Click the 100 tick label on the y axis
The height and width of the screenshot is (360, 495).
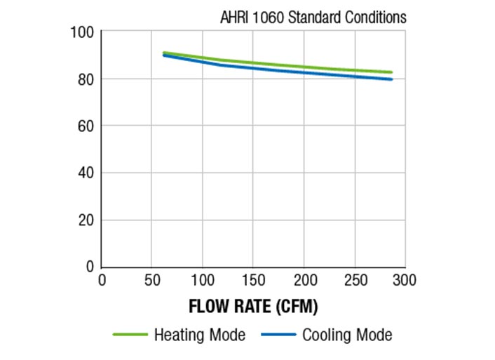(x=83, y=32)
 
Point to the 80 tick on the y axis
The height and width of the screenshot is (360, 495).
(x=86, y=79)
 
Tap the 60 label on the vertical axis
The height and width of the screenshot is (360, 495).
(x=86, y=126)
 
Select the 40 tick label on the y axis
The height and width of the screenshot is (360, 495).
(x=86, y=173)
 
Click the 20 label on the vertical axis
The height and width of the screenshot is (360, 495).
(x=86, y=220)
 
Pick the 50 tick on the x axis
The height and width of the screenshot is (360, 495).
(x=152, y=281)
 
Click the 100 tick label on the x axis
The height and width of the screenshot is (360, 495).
(x=203, y=281)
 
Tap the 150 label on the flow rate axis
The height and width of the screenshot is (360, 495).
(x=253, y=281)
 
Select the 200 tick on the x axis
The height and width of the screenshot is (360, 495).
(x=304, y=281)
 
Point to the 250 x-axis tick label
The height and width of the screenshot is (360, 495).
(x=354, y=281)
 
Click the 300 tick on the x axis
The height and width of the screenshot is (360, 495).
(x=405, y=281)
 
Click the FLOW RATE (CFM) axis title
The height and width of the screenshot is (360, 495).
(x=253, y=307)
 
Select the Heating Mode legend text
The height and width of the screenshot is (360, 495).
(x=200, y=335)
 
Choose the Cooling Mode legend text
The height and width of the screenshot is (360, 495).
(x=347, y=335)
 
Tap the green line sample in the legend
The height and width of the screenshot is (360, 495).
(x=130, y=335)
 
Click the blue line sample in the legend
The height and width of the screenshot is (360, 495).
(x=278, y=335)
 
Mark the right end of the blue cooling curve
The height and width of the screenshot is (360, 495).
(x=391, y=79)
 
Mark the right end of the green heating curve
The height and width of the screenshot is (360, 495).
(x=391, y=72)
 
